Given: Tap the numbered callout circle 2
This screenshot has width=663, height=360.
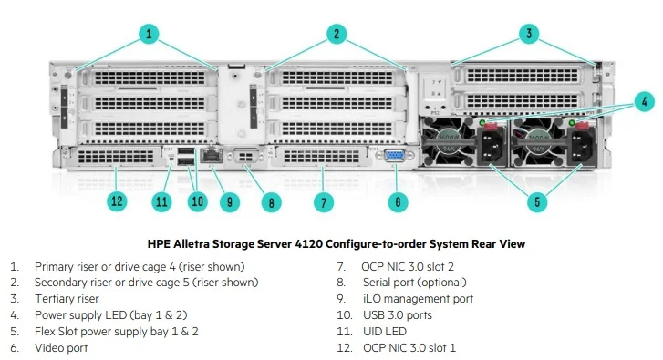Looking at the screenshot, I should [337, 35].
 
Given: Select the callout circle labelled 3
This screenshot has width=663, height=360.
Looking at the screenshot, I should [530, 35].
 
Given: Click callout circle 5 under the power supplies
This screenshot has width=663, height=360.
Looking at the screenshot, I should [538, 201].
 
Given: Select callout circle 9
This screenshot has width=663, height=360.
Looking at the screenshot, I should [231, 201].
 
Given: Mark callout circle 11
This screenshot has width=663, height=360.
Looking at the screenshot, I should [162, 201].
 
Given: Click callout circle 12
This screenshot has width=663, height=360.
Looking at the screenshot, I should [116, 201].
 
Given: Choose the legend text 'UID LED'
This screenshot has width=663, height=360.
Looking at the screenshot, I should [384, 331].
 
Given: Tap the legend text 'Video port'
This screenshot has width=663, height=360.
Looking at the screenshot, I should [62, 347].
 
